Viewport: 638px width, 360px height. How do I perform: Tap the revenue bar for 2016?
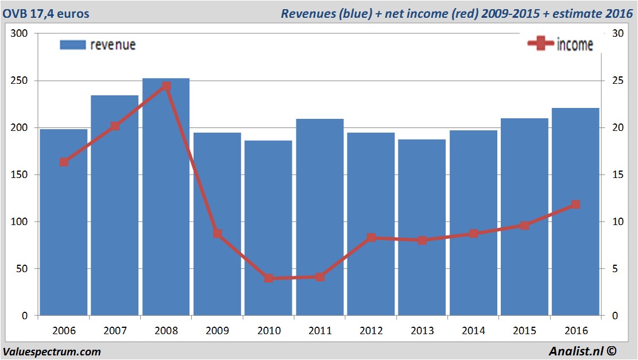pyautogui.click(x=575, y=212)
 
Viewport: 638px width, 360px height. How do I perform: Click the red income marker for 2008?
pyautogui.click(x=166, y=86)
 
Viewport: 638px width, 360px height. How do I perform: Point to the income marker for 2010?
pyautogui.click(x=268, y=278)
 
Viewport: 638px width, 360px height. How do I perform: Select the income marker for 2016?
pyautogui.click(x=575, y=204)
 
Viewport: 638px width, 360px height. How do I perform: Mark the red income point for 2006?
pyautogui.click(x=64, y=162)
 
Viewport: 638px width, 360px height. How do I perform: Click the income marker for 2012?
pyautogui.click(x=371, y=237)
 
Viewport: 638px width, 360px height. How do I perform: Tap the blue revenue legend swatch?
pyautogui.click(x=72, y=45)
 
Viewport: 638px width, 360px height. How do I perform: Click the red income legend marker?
pyautogui.click(x=540, y=44)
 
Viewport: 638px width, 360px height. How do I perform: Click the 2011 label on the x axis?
pyautogui.click(x=320, y=331)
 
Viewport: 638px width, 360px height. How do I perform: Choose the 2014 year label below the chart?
pyautogui.click(x=473, y=331)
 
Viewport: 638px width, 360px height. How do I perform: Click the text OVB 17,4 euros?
pyautogui.click(x=46, y=13)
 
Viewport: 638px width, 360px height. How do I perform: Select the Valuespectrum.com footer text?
pyautogui.click(x=52, y=351)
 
